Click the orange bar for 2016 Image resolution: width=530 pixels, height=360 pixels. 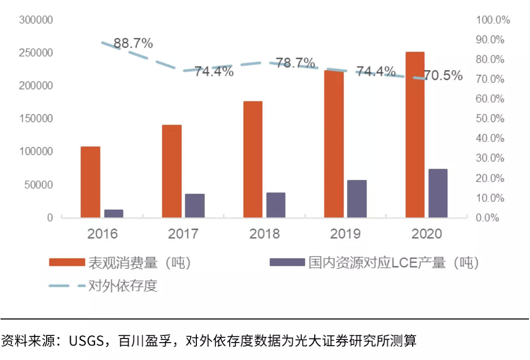pos(91,182)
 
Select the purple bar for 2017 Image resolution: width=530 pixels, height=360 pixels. pos(195,206)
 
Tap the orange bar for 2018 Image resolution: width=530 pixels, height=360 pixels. pos(253,159)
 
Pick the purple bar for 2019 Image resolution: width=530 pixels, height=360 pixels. pos(357,199)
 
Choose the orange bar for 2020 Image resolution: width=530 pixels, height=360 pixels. pos(415,135)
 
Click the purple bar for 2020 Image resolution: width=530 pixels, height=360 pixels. pos(438,193)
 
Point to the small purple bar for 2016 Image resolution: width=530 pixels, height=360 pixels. pos(114,213)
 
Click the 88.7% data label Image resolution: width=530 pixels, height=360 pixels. pos(133,44)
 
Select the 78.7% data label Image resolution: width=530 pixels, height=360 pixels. pos(295,63)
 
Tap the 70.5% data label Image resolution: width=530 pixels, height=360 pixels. pos(443,76)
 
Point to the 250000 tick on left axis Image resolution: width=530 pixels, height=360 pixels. pos(36,53)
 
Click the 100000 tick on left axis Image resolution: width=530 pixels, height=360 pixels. pos(36,152)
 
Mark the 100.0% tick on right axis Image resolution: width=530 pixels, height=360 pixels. pos(493,20)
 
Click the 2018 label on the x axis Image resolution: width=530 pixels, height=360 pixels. pos(264,234)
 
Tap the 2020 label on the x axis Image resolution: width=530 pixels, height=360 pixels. pos(426,234)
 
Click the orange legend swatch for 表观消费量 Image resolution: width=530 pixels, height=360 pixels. pos(66,263)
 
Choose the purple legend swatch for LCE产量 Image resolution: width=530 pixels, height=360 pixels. pos(286,263)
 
